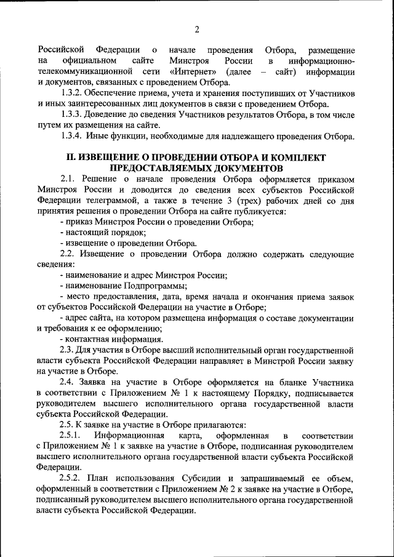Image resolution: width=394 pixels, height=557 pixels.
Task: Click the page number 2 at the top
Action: coord(197,29)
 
